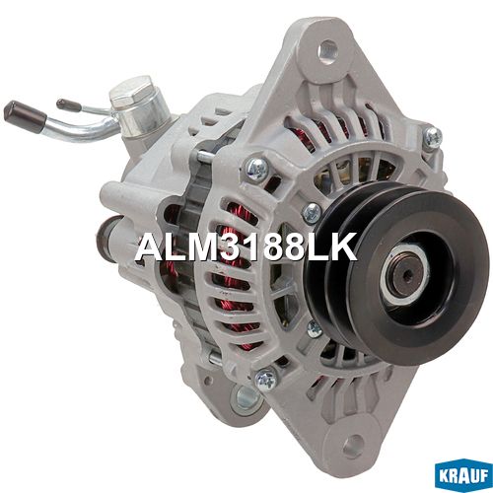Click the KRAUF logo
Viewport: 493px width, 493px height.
pyautogui.click(x=463, y=476)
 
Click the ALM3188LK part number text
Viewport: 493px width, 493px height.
pyautogui.click(x=246, y=247)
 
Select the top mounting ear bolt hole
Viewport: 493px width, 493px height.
pyautogui.click(x=327, y=49)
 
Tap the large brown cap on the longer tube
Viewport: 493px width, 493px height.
pyautogui.click(x=25, y=116)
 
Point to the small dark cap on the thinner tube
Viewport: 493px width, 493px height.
pyautogui.click(x=68, y=105)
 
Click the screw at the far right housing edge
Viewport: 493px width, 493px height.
pyautogui.click(x=433, y=138)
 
